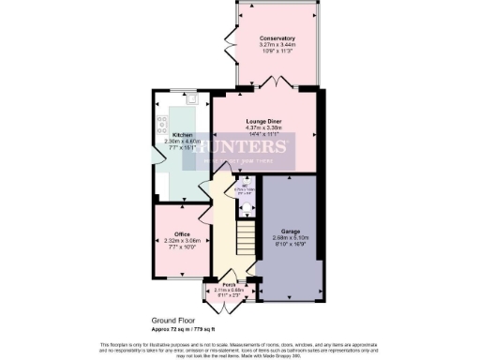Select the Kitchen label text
point(183,135)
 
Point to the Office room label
point(183,233)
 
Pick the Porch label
point(228,285)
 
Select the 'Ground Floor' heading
point(172,320)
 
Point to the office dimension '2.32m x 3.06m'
point(183,240)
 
